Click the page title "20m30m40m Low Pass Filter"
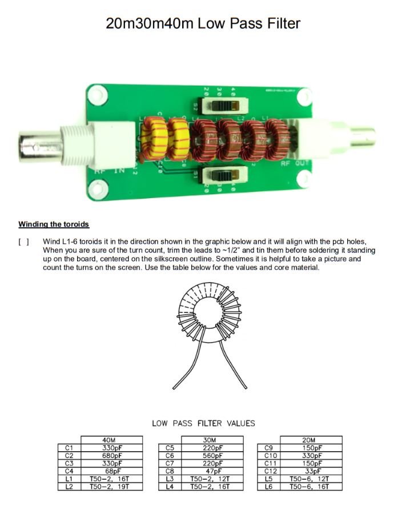(x=203, y=23)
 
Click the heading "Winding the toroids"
(x=54, y=224)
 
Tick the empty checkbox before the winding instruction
(x=24, y=242)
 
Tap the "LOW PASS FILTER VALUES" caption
(x=203, y=423)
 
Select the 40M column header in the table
(x=108, y=440)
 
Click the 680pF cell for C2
(x=108, y=456)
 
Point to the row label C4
(x=69, y=471)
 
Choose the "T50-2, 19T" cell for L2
(x=108, y=486)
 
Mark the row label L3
(x=169, y=479)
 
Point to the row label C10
(x=270, y=456)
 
